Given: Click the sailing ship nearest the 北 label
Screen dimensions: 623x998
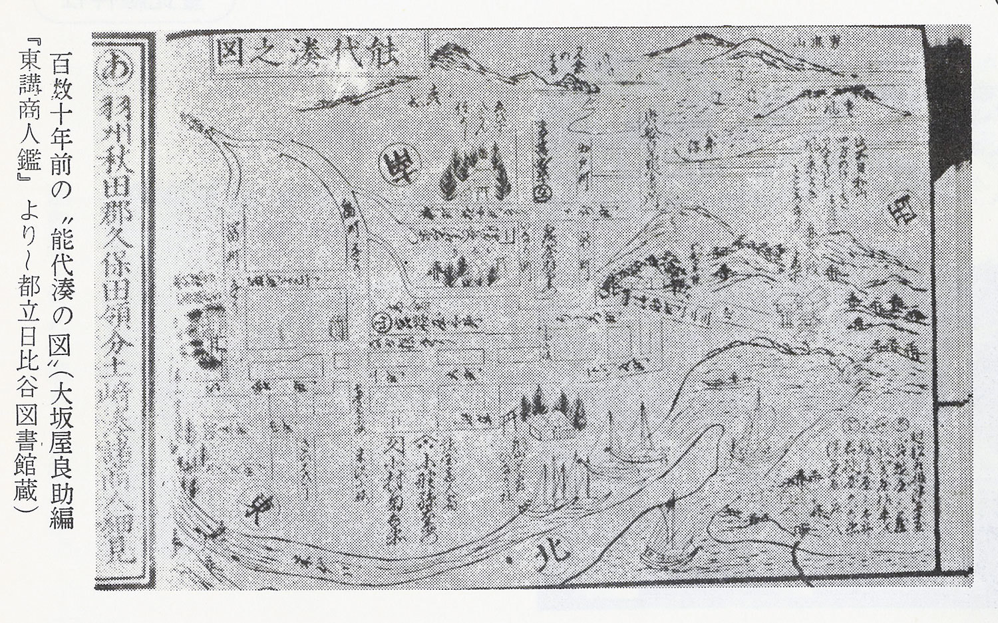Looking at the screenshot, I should click(x=666, y=532).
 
